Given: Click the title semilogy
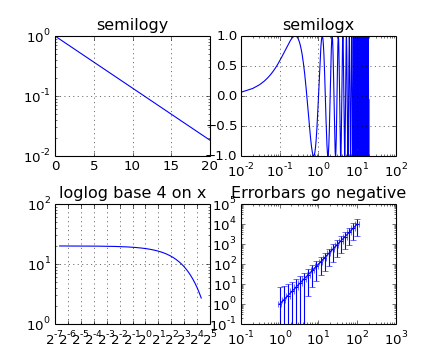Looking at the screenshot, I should pyautogui.click(x=132, y=25).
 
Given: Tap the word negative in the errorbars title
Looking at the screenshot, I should pyautogui.click(x=372, y=193).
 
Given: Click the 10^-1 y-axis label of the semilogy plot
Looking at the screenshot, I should pyautogui.click(x=39, y=97).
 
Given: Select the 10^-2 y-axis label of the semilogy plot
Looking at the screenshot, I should pyautogui.click(x=39, y=157).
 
